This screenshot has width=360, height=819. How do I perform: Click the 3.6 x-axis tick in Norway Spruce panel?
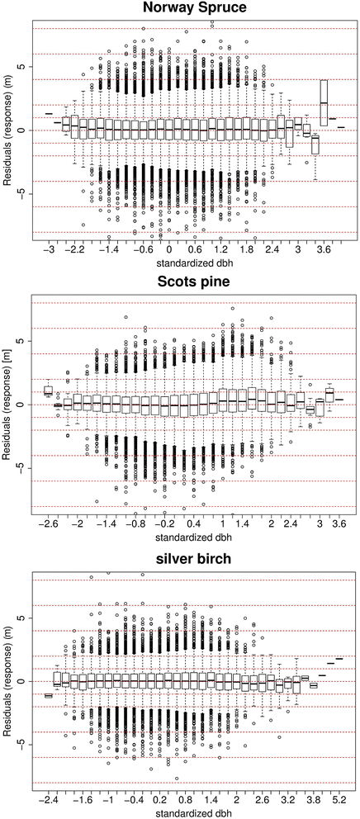click(x=324, y=247)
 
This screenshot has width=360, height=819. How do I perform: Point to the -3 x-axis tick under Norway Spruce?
click(x=49, y=247)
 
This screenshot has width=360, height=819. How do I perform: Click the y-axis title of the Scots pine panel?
click(x=7, y=405)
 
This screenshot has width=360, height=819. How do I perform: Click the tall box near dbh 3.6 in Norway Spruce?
click(x=324, y=103)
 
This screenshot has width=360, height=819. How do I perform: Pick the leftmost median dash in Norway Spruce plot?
click(x=49, y=113)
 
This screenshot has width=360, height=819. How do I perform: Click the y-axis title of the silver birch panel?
click(x=7, y=681)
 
